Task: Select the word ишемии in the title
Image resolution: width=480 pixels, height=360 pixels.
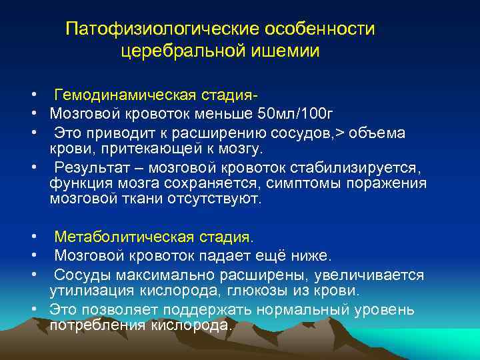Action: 291,51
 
